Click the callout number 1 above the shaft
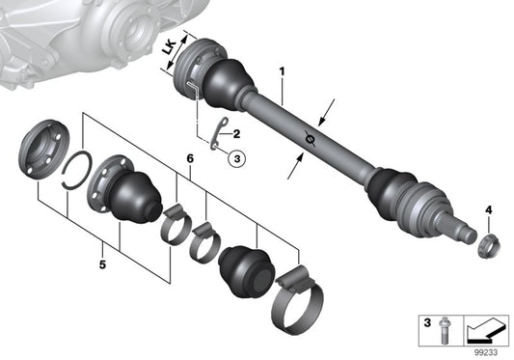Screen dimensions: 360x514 pyautogui.click(x=283, y=71)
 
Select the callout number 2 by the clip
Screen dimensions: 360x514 pyautogui.click(x=236, y=137)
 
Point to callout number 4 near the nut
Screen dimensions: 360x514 pyautogui.click(x=488, y=209)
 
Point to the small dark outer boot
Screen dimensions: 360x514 pyautogui.click(x=247, y=266)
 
